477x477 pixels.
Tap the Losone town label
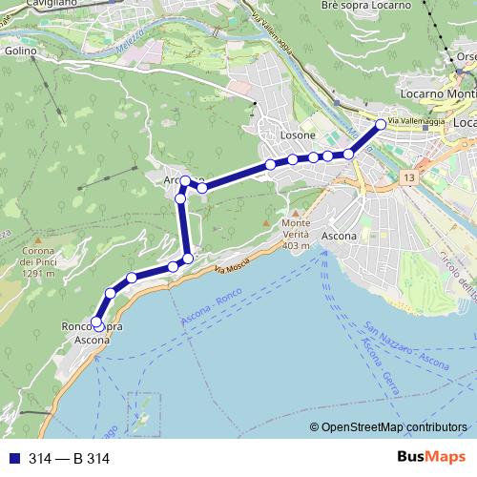[x=300, y=136]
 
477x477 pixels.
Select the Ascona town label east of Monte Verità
[x=340, y=235]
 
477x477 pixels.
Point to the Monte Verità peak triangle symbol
[x=296, y=213]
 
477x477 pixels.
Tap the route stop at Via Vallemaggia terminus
[x=381, y=125]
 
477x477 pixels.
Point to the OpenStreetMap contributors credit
[x=394, y=427]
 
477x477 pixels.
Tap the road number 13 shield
[x=408, y=178]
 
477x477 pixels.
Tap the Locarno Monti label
[x=438, y=96]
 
